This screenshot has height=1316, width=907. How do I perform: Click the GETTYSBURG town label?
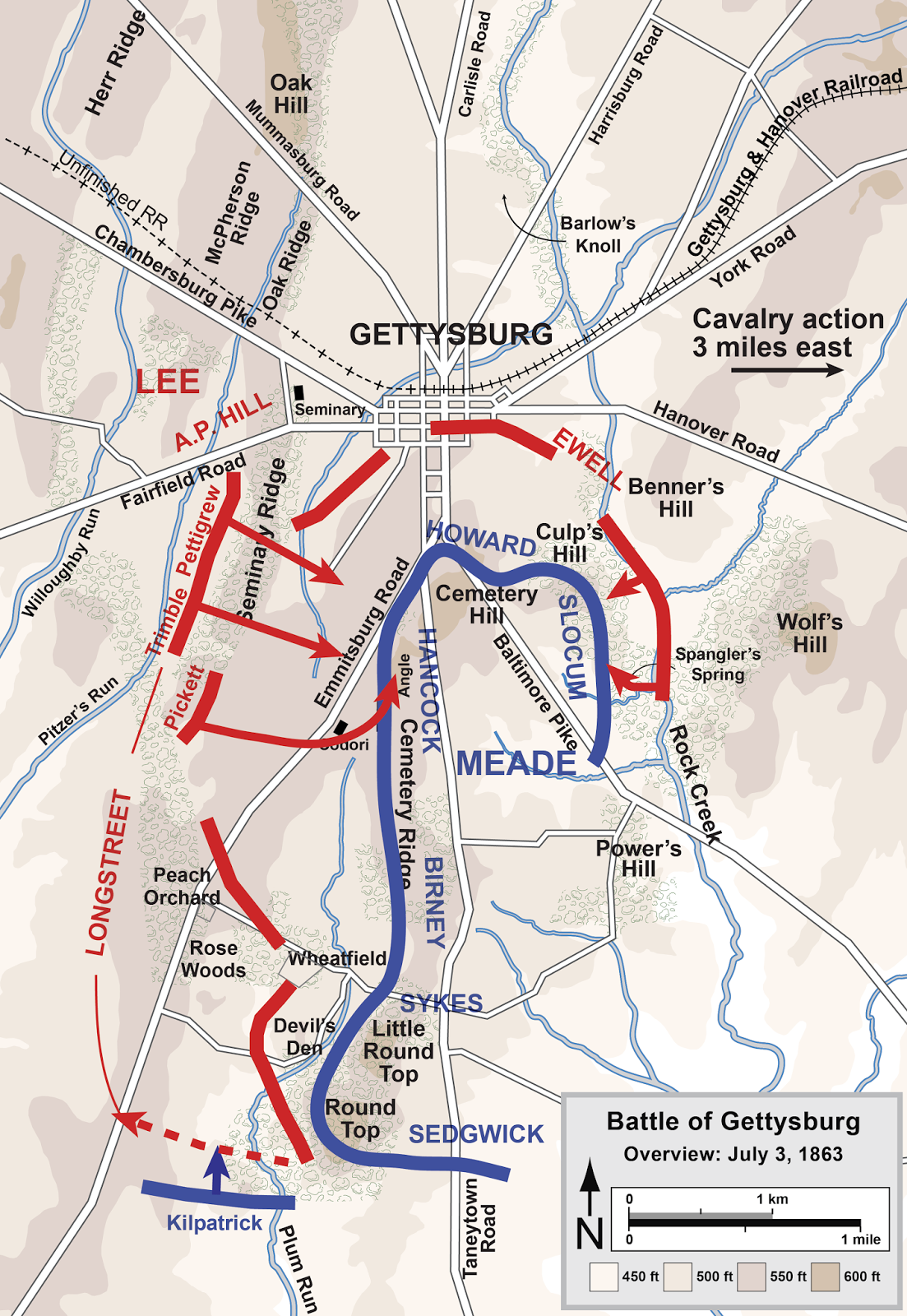tap(451, 335)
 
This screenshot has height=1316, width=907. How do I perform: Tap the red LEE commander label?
tap(168, 382)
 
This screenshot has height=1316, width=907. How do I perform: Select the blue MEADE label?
tap(516, 764)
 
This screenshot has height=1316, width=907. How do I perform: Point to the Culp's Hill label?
tap(570, 543)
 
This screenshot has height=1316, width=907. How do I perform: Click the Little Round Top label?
tap(399, 1051)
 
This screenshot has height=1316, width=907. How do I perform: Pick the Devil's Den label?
tap(304, 1037)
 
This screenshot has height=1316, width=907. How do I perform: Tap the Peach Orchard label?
tap(182, 886)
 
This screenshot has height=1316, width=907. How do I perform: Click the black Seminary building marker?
tap(299, 392)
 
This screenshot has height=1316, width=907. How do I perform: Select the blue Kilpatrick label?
tap(214, 1223)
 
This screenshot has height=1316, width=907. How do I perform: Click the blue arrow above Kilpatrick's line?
tap(216, 1168)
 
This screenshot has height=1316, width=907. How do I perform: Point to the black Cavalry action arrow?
tap(786, 370)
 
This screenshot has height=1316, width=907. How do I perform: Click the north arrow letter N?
tap(590, 1234)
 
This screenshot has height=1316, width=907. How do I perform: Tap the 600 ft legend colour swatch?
tap(825, 1277)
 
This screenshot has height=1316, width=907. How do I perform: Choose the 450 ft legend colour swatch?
tap(604, 1277)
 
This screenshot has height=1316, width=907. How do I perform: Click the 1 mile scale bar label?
tap(860, 1240)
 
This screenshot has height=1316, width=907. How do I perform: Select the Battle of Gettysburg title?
tap(733, 1122)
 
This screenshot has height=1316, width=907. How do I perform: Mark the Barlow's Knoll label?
tap(598, 234)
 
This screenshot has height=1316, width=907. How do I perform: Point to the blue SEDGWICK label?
tap(476, 1134)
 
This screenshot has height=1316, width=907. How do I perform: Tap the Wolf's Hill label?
tap(810, 633)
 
